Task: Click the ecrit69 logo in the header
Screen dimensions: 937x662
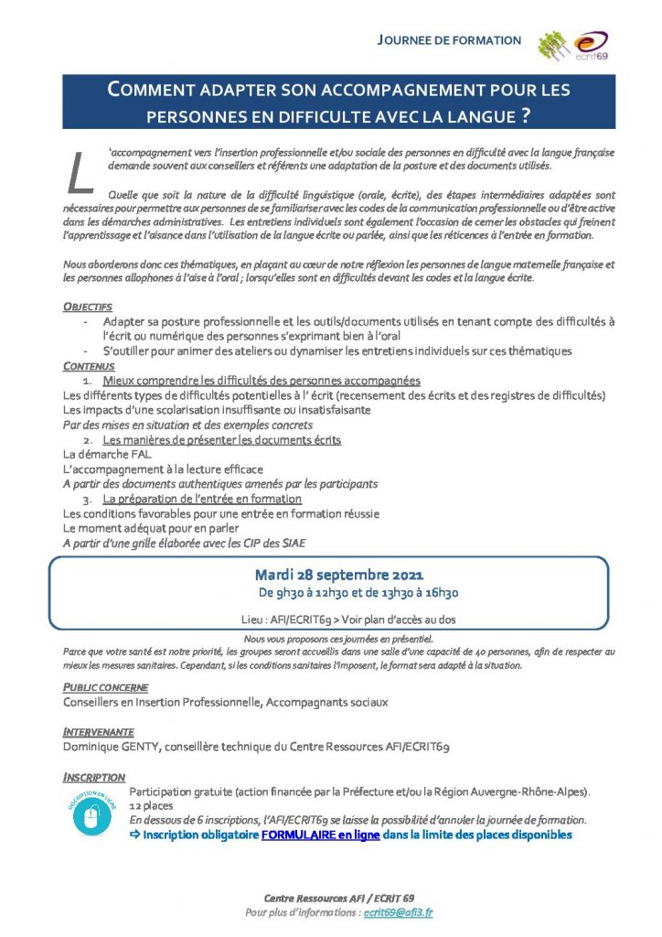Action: click(x=590, y=43)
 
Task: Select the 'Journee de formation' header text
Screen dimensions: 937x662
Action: click(x=450, y=40)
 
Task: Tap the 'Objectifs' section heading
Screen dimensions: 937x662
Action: click(x=88, y=307)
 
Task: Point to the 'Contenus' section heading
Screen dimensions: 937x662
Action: click(x=89, y=365)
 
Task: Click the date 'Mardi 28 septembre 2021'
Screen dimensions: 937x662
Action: click(x=338, y=576)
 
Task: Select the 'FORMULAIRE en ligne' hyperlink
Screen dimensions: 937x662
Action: click(x=320, y=835)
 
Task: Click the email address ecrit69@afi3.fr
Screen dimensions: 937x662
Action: click(x=398, y=912)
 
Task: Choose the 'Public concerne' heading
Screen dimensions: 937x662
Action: click(x=105, y=687)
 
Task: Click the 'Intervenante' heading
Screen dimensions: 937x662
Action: click(x=98, y=732)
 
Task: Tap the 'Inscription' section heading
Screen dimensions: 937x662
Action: click(x=94, y=777)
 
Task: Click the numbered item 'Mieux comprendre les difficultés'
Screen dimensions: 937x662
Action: click(x=261, y=380)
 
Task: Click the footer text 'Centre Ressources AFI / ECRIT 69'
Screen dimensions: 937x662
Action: click(x=338, y=898)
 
